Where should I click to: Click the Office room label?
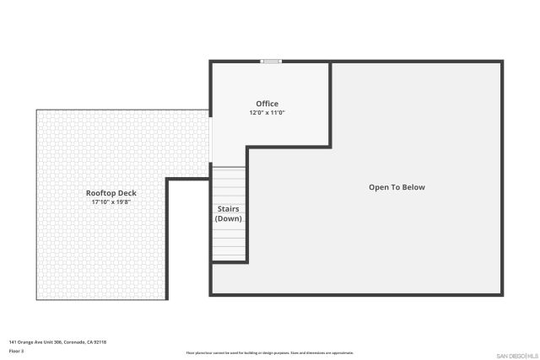point(267,104)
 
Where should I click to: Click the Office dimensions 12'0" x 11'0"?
point(267,113)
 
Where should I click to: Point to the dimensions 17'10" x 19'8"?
point(111,202)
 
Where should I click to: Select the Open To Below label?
point(397,187)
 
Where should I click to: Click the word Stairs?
point(229,208)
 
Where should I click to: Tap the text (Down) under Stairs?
point(229,218)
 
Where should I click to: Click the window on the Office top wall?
point(271,61)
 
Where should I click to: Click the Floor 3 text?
point(16,350)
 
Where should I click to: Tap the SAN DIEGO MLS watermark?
point(516,354)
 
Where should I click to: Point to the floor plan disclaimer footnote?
point(269,352)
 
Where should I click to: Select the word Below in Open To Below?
point(413,187)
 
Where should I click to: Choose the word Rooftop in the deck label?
point(99,193)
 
